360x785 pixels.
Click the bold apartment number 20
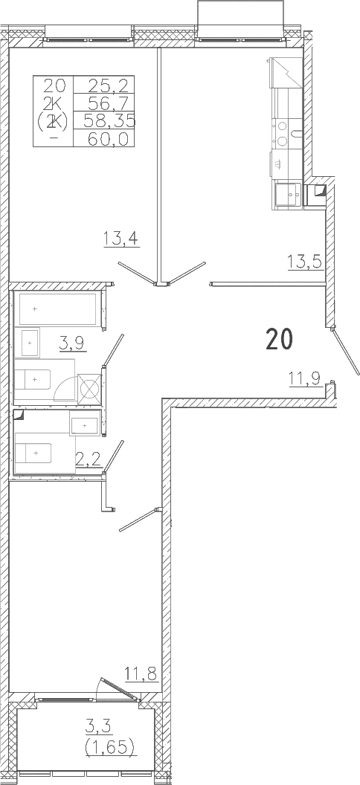[x=280, y=340]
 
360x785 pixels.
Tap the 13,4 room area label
[x=121, y=237]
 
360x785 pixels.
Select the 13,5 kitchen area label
[x=304, y=262]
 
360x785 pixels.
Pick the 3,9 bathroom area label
[x=71, y=344]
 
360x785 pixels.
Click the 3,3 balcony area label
[x=99, y=725]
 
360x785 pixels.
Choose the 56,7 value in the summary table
[x=109, y=103]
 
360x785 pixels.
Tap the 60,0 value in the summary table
[x=109, y=139]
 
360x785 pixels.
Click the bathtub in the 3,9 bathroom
[x=57, y=309]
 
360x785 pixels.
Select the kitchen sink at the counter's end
[x=288, y=195]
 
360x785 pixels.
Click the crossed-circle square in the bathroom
[x=89, y=387]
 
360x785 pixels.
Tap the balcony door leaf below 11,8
[x=119, y=689]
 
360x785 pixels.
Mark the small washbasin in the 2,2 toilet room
[x=85, y=425]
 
